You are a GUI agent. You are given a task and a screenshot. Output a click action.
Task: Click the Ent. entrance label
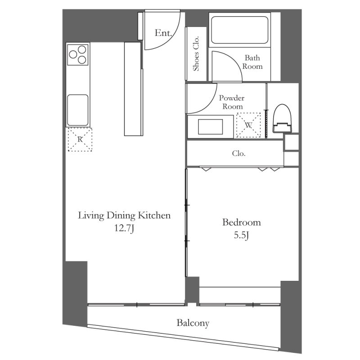click(163, 33)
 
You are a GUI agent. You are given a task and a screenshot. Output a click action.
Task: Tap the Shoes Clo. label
click(196, 54)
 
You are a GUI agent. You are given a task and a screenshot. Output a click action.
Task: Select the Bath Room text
click(252, 62)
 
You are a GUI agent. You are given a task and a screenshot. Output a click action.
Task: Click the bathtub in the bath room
click(239, 30)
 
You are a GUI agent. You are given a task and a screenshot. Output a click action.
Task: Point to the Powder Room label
click(232, 102)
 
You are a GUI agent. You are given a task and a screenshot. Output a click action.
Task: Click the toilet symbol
click(282, 118)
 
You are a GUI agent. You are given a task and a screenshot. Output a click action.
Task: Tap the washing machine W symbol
click(248, 125)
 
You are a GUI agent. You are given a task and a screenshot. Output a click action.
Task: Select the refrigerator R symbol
click(80, 139)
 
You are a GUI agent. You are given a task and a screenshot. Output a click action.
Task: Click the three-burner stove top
click(77, 54)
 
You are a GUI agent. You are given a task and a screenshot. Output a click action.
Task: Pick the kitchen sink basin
click(77, 110)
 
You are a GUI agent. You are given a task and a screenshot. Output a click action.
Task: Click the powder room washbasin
click(210, 127)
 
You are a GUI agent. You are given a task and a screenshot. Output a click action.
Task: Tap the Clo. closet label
click(239, 153)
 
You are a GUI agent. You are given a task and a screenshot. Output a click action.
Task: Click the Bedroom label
click(242, 222)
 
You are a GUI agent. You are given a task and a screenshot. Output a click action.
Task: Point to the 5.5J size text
click(242, 235)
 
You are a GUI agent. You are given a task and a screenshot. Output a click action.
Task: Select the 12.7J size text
click(124, 228)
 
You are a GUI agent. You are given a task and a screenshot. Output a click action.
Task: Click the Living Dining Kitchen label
click(124, 216)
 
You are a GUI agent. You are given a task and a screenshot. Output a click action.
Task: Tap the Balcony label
click(193, 323)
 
